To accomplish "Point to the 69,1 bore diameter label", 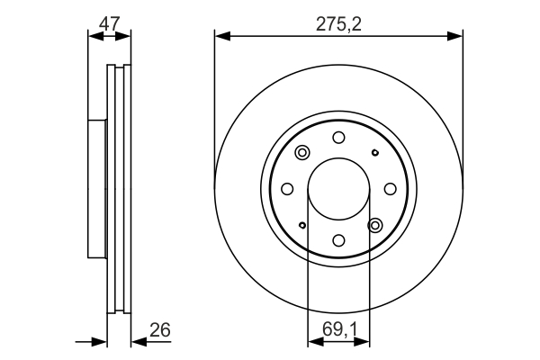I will click(338, 330).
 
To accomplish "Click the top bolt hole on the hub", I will click(338, 137).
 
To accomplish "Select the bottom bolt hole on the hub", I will click(338, 240).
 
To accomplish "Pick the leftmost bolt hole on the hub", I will click(287, 189).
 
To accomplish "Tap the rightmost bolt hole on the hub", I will click(391, 189).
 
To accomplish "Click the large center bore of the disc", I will click(338, 189).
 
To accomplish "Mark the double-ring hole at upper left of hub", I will click(302, 152).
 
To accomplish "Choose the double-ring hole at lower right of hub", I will click(375, 225).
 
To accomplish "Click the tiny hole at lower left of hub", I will click(302, 225).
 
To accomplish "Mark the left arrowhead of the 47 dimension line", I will click(93, 36).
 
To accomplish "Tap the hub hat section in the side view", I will click(97, 189).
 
